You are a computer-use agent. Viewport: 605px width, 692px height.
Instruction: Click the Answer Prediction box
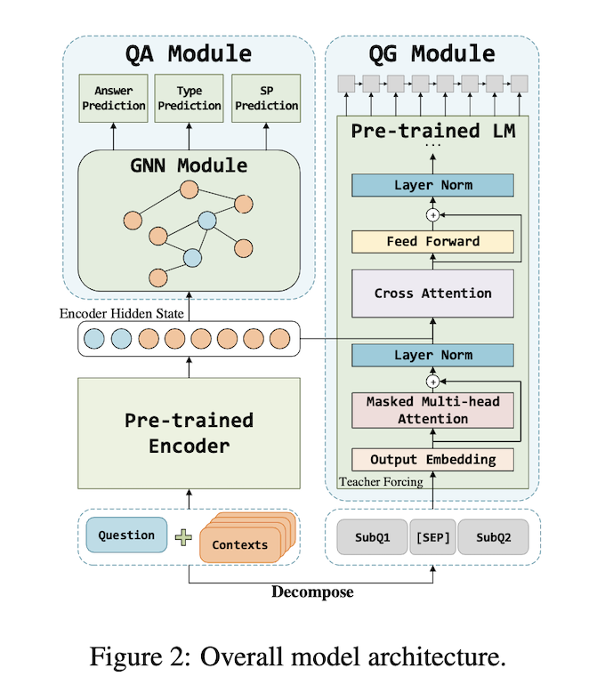point(112,100)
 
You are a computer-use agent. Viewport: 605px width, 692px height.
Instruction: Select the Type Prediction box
point(189,100)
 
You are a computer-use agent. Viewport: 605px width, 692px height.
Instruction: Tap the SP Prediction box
point(264,100)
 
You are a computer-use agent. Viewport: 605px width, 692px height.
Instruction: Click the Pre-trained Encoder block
point(188,432)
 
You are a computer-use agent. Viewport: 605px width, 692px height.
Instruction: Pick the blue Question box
point(126,536)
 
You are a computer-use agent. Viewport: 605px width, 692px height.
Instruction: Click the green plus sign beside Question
point(183,537)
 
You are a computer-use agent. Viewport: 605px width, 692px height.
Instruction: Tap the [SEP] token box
point(432,538)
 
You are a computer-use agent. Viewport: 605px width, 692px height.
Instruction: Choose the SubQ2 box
point(492,538)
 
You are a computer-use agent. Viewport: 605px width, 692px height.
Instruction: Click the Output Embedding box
point(433,460)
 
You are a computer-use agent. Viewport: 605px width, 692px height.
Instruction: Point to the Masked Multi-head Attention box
point(433,410)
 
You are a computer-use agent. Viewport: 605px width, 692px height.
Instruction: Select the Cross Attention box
point(433,294)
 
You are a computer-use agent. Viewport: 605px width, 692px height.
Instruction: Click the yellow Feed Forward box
point(433,241)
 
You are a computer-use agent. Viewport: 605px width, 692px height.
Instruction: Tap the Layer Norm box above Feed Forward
point(433,185)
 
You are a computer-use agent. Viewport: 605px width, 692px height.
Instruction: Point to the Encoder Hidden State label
point(124,314)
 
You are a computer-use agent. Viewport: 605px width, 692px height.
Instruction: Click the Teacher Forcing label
point(380,482)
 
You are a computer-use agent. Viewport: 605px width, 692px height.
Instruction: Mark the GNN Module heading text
point(188,165)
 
